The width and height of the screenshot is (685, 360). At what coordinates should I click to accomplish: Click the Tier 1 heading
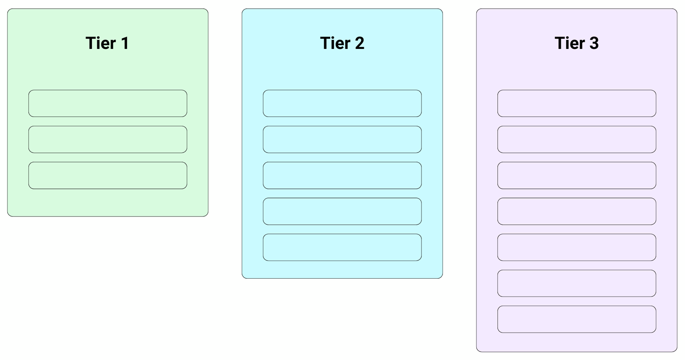coord(107,43)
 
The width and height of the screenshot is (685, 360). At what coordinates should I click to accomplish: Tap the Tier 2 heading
coord(342,43)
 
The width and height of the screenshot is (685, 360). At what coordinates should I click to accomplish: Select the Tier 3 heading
coord(577,43)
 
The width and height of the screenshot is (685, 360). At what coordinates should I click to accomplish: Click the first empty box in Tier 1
coord(108,103)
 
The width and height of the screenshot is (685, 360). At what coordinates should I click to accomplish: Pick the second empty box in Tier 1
coord(108,139)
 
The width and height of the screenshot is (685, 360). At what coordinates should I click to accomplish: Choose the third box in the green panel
coord(108,175)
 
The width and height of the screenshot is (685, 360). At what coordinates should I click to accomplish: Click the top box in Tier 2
coord(342,103)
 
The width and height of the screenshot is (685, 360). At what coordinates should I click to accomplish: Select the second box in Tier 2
coord(342,139)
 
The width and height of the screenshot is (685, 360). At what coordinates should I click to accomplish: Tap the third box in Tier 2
coord(342,175)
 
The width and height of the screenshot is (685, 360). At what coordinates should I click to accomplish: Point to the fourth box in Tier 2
coord(342,212)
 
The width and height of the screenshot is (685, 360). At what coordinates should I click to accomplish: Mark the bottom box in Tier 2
coord(342,248)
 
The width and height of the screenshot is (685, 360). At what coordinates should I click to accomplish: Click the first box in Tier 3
coord(577,103)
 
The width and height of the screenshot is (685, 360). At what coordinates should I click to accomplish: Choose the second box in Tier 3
coord(577,139)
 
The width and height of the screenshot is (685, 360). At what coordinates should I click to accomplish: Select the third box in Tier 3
coord(577,175)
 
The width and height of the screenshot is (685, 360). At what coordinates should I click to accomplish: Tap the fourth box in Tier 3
coord(577,212)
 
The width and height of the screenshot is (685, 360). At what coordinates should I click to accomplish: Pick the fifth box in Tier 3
coord(577,248)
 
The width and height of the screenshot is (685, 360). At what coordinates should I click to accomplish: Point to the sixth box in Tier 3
coord(577,283)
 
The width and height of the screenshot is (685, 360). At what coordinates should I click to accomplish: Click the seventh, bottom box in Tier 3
coord(577,319)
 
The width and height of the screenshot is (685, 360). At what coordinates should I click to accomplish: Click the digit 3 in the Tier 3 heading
coord(594,43)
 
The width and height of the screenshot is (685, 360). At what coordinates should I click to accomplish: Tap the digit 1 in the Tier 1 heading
coord(125,43)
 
